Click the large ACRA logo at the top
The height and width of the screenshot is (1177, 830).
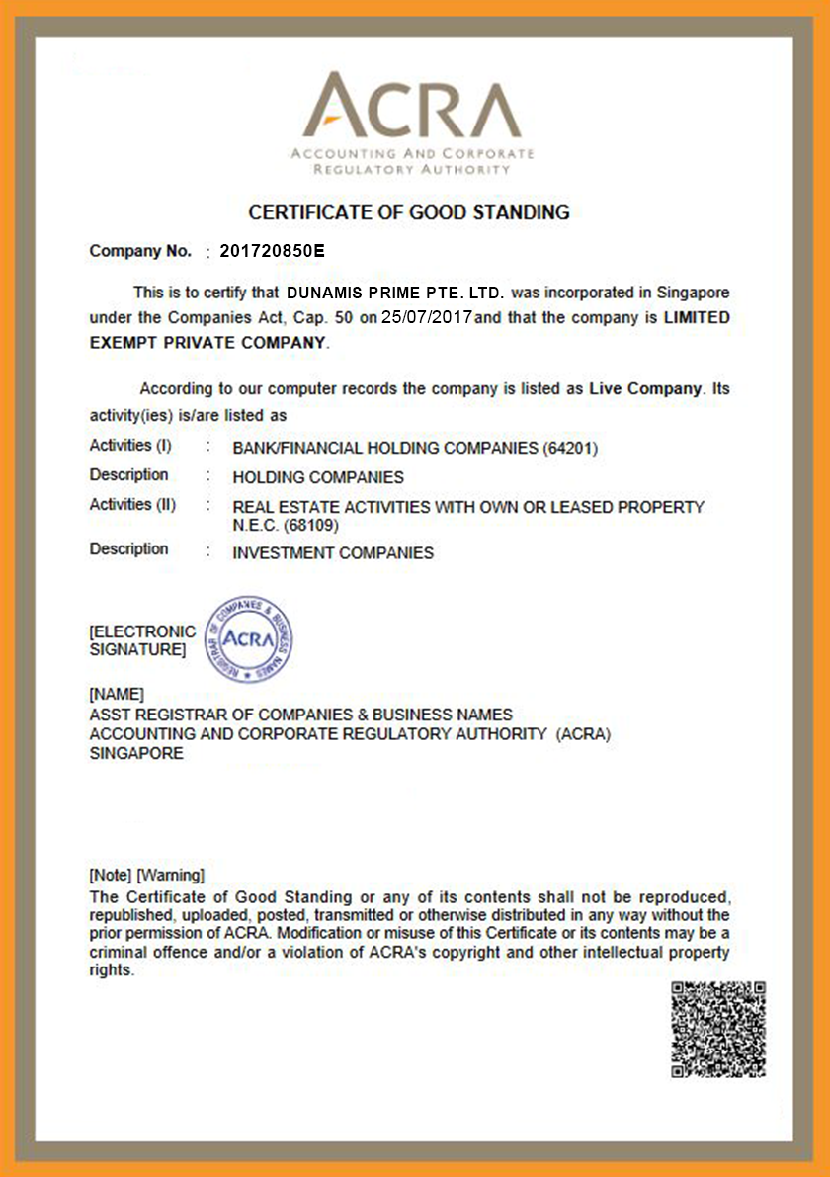tap(412, 123)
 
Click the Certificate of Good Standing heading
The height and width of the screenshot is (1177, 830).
tap(409, 211)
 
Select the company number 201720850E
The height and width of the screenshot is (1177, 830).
tap(272, 251)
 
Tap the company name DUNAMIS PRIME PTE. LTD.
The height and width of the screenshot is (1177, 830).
tap(395, 294)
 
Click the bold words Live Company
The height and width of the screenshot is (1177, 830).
tap(644, 389)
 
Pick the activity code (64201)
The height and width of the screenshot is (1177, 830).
tap(570, 448)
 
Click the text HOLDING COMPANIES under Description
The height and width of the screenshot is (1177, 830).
tap(318, 477)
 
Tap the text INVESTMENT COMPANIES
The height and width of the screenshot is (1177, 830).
tap(333, 553)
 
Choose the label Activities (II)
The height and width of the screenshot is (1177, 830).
tap(132, 505)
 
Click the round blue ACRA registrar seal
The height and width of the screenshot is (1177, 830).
tap(248, 638)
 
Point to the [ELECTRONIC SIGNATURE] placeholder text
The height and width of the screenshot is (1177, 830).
tap(141, 640)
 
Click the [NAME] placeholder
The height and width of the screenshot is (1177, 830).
tap(117, 694)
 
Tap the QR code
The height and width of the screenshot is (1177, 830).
tap(718, 1029)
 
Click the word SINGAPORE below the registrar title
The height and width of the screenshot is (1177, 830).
tap(136, 753)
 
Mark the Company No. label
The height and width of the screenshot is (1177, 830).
tap(140, 251)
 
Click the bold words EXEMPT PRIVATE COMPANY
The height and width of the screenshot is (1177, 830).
tap(207, 343)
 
